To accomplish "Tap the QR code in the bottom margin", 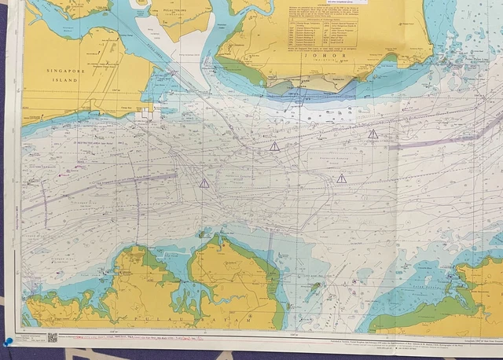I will click(x=53, y=337).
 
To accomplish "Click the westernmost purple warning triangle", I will click(x=204, y=183).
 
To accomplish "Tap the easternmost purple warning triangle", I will click(x=373, y=134).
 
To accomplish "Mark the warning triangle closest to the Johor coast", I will click(x=274, y=146).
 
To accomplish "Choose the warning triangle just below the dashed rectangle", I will click(x=341, y=178).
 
